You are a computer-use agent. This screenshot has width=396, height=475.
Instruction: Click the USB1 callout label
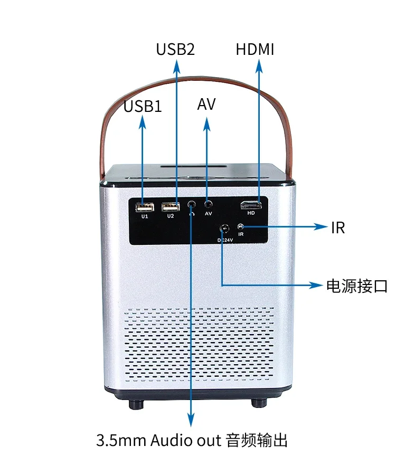pyautogui.click(x=143, y=106)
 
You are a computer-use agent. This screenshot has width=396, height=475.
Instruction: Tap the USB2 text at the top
pyautogui.click(x=175, y=50)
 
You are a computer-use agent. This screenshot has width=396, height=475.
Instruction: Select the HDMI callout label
pyautogui.click(x=255, y=50)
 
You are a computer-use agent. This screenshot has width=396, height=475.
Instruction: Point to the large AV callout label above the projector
pyautogui.click(x=206, y=104)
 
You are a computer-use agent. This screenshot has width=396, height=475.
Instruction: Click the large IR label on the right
pyautogui.click(x=338, y=227)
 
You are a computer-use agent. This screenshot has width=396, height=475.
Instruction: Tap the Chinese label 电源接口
pyautogui.click(x=357, y=286)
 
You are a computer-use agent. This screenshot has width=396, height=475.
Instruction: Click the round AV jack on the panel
pyautogui.click(x=209, y=203)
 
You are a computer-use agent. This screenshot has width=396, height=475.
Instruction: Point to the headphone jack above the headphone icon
pyautogui.click(x=191, y=203)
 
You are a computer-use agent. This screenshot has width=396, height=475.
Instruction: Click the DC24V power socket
pyautogui.click(x=224, y=229)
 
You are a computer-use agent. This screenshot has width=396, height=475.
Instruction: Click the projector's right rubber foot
pyautogui.click(x=258, y=402)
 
